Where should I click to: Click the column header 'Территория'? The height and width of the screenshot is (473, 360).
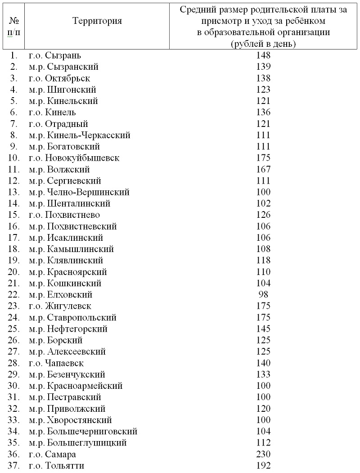[x=97, y=21]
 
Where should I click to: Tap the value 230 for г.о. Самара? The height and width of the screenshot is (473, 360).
[x=263, y=454]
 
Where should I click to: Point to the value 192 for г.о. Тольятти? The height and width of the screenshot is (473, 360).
[x=263, y=465]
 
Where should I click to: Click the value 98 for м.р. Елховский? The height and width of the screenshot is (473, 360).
[x=263, y=295]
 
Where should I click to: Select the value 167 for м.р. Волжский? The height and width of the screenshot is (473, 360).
[x=263, y=169]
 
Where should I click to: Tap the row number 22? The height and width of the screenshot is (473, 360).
[x=14, y=295]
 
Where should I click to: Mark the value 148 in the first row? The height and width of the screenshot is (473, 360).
[x=263, y=55]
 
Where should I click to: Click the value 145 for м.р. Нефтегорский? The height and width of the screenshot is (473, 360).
[x=263, y=329]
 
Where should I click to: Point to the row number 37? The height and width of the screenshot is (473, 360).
[x=14, y=465]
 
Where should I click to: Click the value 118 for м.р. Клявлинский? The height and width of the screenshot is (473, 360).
[x=263, y=261]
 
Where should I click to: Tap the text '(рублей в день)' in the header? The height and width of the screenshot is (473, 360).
[x=263, y=44]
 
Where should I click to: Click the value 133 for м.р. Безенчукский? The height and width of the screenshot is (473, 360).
[x=263, y=374]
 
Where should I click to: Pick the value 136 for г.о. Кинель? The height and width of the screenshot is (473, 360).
[x=263, y=113]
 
